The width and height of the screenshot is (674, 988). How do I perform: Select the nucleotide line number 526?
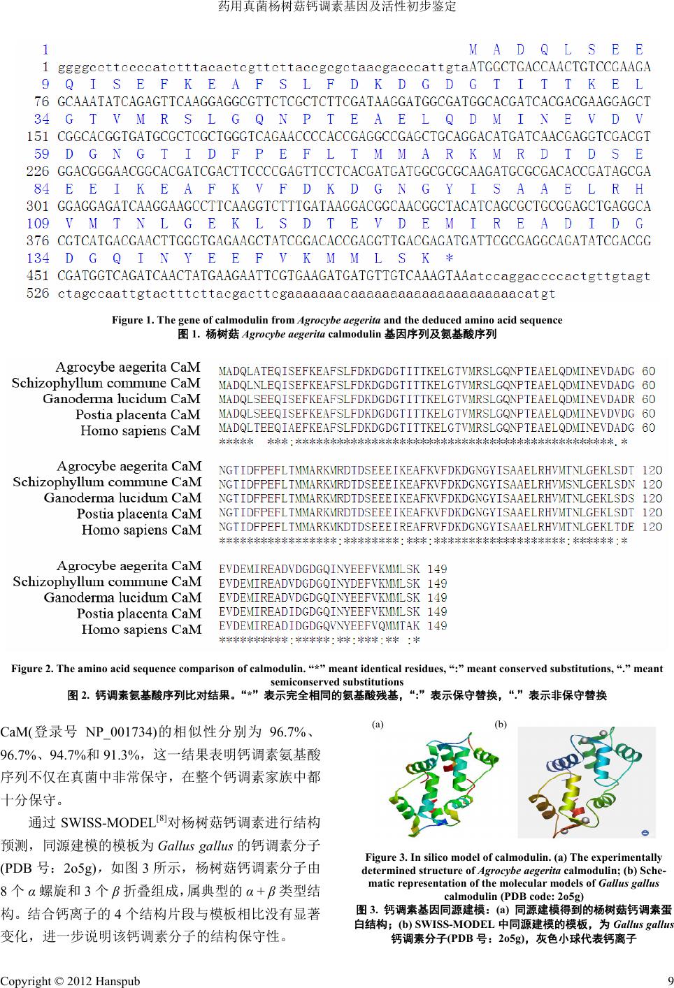[x=38, y=293]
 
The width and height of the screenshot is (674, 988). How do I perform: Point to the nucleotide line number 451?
[x=38, y=275]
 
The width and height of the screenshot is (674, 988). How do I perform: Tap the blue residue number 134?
[x=38, y=258]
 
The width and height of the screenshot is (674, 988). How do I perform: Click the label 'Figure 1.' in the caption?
[x=133, y=320]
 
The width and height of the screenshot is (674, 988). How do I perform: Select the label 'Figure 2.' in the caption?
[x=32, y=669]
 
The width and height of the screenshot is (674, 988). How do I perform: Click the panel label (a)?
[x=378, y=725]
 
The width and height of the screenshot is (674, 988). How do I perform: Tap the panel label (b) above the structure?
[x=501, y=725]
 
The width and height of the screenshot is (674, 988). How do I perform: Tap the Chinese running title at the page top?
[x=337, y=7]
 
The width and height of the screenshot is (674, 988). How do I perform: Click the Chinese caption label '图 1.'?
[x=189, y=334]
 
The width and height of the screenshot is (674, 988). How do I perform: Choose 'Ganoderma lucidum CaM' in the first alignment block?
[x=121, y=399]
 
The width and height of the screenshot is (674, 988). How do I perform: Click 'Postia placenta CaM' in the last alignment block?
[x=138, y=613]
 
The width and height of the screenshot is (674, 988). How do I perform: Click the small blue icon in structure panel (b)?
[x=644, y=832]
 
